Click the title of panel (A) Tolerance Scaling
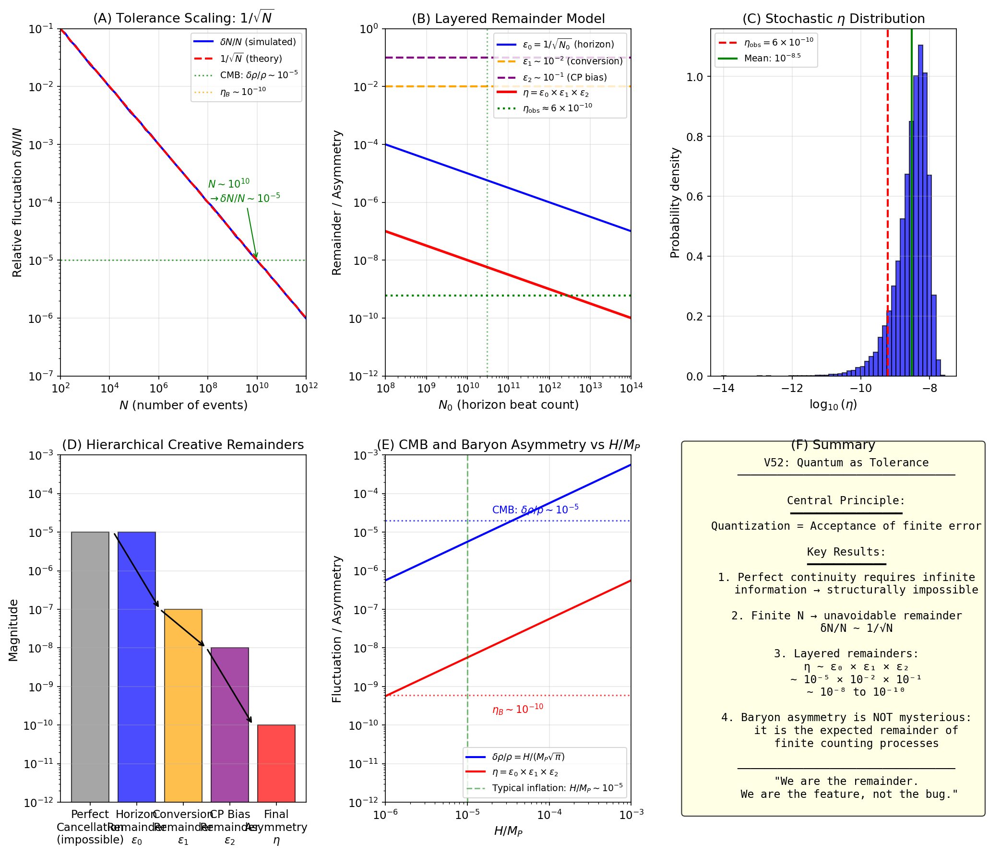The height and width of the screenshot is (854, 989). pyautogui.click(x=183, y=18)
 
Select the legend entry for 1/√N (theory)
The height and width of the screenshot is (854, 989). pyautogui.click(x=251, y=59)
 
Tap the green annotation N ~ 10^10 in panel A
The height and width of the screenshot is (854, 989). pyautogui.click(x=229, y=184)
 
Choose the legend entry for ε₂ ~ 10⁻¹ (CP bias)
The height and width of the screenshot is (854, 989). pyautogui.click(x=564, y=77)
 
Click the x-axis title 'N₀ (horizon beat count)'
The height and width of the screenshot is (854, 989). pyautogui.click(x=508, y=405)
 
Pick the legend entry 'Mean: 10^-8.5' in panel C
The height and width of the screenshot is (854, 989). pyautogui.click(x=772, y=58)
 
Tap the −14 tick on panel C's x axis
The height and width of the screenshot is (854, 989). pyautogui.click(x=723, y=388)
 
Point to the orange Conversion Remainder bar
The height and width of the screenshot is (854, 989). pyautogui.click(x=183, y=705)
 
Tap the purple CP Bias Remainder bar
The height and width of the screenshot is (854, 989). pyautogui.click(x=230, y=724)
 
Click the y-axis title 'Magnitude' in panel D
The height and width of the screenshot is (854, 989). pyautogui.click(x=13, y=630)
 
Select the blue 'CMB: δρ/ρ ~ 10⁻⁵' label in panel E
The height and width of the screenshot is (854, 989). pyautogui.click(x=535, y=509)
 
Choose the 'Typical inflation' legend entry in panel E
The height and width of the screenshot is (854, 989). pyautogui.click(x=557, y=788)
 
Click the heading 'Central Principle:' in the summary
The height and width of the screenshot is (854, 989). pyautogui.click(x=846, y=500)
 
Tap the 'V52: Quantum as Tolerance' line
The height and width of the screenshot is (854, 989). pyautogui.click(x=846, y=463)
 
